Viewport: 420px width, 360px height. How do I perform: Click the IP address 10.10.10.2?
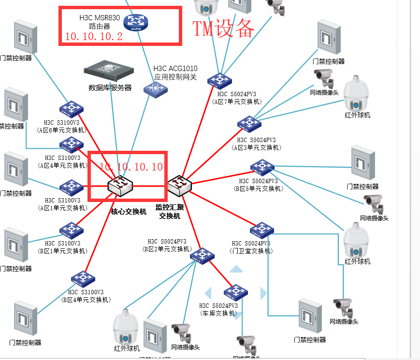click(x=94, y=37)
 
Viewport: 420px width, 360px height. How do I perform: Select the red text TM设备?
click(x=223, y=29)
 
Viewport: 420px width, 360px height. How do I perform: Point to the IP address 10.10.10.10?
click(x=131, y=167)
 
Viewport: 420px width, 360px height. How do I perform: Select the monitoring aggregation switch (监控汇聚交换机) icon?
click(x=180, y=185)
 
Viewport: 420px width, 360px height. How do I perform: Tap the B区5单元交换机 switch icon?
click(x=262, y=167)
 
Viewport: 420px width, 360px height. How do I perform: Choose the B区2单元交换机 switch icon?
click(x=202, y=255)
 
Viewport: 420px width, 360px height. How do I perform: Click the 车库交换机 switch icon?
click(x=236, y=292)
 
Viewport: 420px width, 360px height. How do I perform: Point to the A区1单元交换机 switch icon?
click(x=72, y=186)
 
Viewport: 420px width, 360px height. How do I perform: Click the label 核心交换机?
click(x=129, y=212)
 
